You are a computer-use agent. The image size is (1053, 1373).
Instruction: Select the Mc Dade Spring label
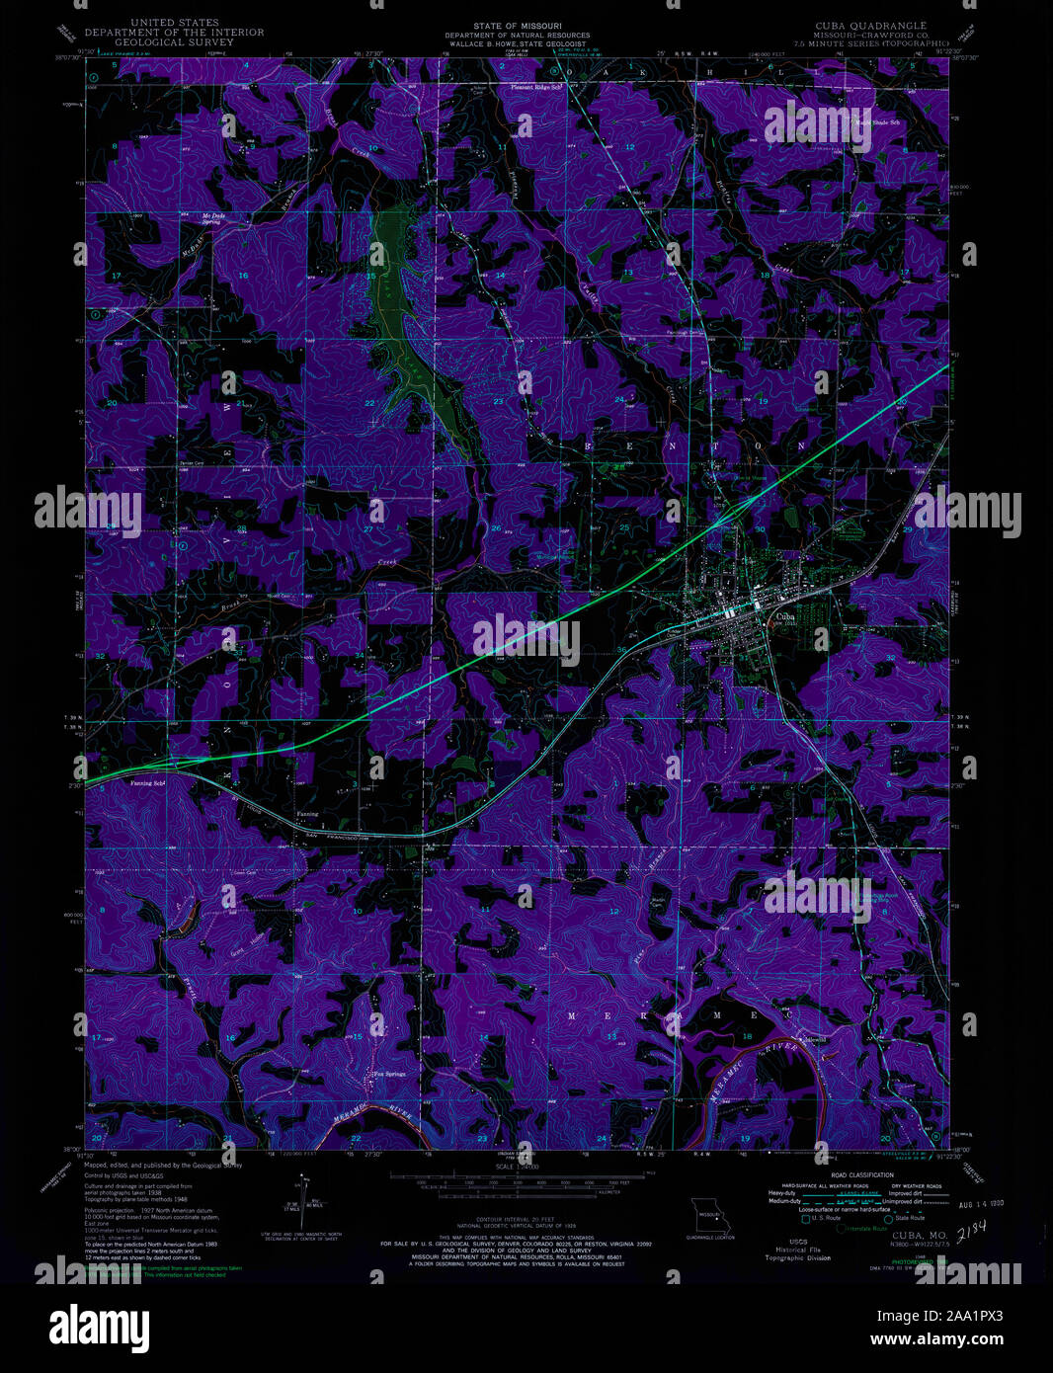pyautogui.click(x=212, y=219)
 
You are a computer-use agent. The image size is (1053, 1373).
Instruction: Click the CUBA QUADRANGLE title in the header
pyautogui.click(x=869, y=24)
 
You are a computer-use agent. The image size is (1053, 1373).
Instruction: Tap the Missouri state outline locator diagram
pyautogui.click(x=708, y=1213)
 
